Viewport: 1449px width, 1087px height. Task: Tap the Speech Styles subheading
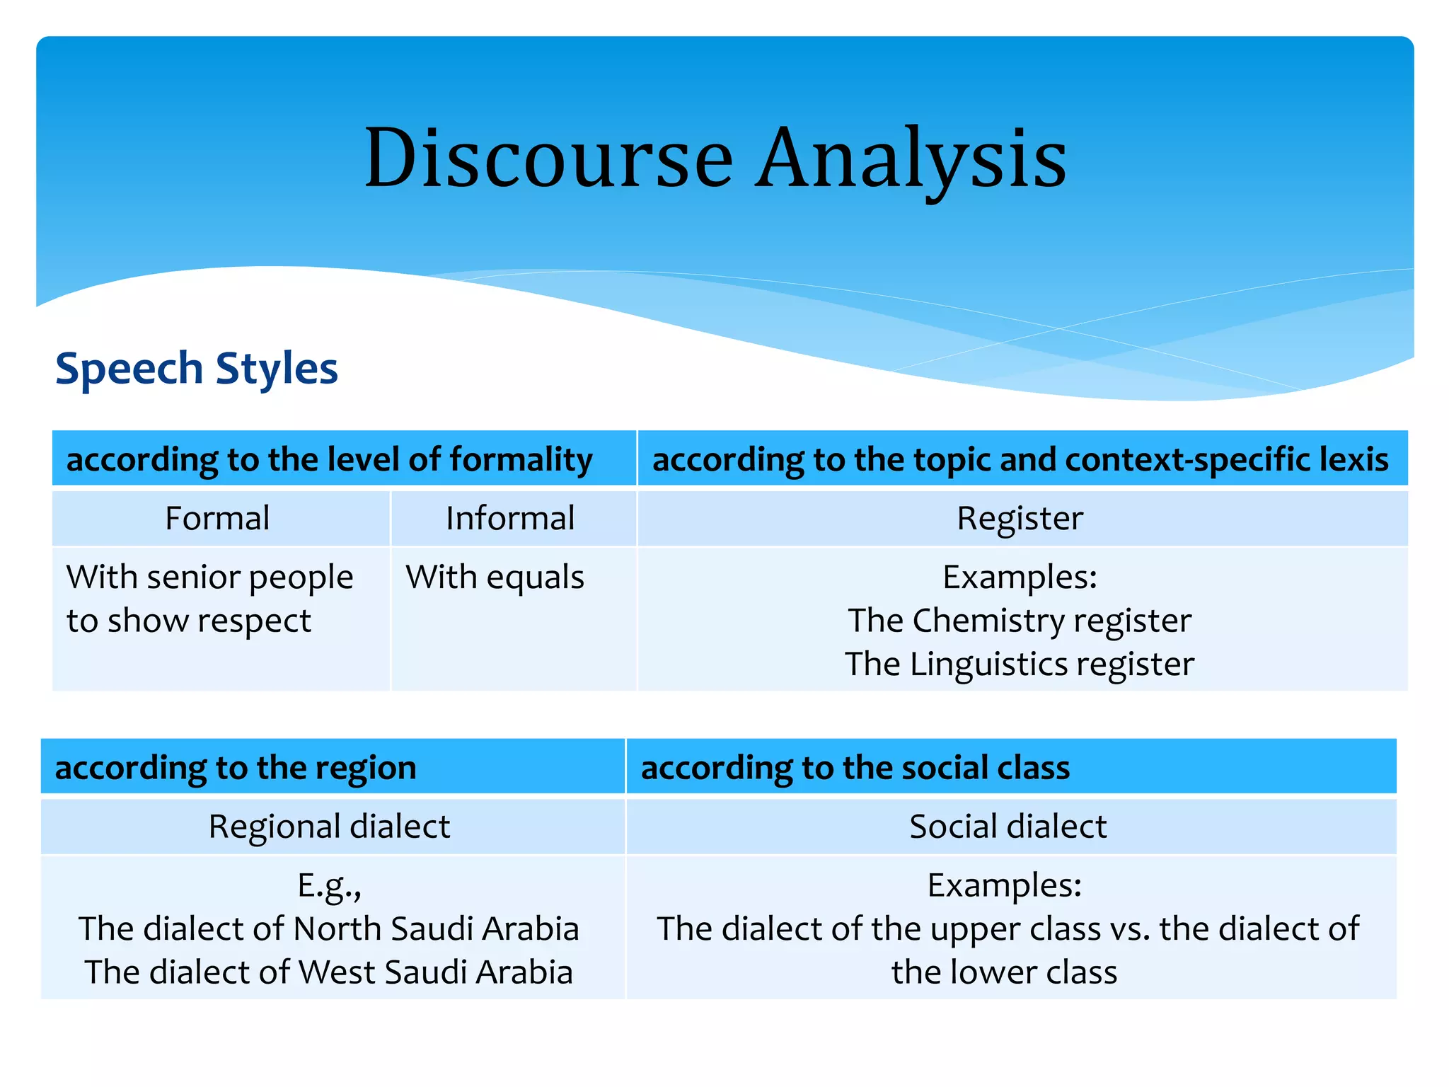tap(197, 369)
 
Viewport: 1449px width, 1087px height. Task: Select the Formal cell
tap(217, 518)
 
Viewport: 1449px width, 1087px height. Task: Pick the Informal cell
tap(510, 518)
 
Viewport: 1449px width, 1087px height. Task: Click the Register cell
tap(1020, 518)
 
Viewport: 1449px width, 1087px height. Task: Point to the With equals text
tap(495, 577)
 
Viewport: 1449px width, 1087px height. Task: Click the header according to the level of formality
tap(329, 459)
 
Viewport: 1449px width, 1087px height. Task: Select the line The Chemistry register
tap(1020, 621)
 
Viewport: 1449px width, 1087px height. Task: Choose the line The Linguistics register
tap(1020, 665)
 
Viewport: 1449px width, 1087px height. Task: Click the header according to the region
tap(236, 768)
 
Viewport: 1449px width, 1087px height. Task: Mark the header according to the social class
tap(855, 768)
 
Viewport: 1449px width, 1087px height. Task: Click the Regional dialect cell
tap(329, 827)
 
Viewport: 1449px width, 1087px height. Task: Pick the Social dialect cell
tap(1008, 827)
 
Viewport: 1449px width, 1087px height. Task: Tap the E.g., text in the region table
tap(329, 885)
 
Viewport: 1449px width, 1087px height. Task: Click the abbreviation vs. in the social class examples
tap(1131, 928)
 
